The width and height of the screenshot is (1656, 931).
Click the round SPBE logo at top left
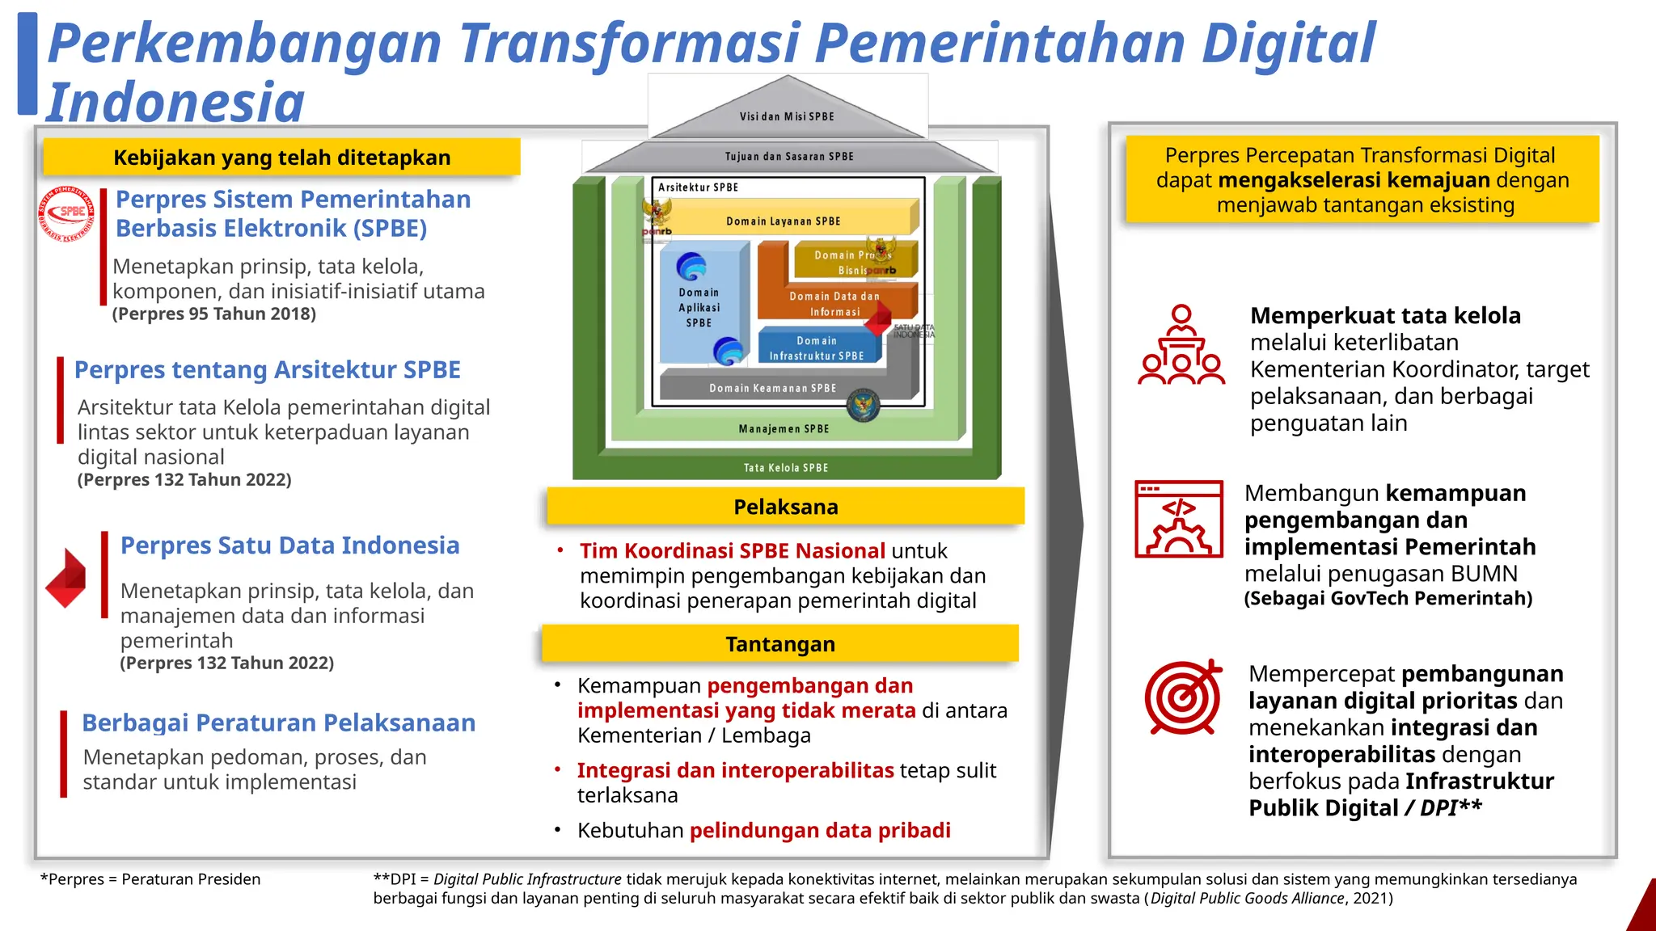67,215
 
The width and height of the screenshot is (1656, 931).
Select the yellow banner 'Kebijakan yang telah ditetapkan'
281,158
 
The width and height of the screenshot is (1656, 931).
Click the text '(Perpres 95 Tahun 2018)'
214,314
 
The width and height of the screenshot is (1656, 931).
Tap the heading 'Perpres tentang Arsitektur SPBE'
267,369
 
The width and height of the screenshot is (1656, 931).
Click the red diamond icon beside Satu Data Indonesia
66,578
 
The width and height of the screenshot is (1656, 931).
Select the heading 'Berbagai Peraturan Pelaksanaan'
278,722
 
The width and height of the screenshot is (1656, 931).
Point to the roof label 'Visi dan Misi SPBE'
786,116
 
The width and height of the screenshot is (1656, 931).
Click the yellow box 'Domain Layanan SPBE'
783,221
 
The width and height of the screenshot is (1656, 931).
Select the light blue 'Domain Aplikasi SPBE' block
699,308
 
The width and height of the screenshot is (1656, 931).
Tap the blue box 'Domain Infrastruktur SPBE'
817,348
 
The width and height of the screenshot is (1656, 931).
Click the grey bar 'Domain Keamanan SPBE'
772,388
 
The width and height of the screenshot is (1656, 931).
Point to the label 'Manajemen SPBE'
784,428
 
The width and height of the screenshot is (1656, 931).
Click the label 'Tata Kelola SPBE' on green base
785,467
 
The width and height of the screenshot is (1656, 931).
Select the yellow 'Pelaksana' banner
785,507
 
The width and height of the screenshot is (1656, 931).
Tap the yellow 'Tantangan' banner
779,644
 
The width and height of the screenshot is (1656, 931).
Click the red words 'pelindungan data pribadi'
820,830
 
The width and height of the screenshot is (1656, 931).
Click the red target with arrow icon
1183,696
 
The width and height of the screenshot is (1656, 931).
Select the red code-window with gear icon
1179,519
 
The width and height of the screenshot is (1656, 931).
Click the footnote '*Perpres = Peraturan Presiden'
150,879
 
